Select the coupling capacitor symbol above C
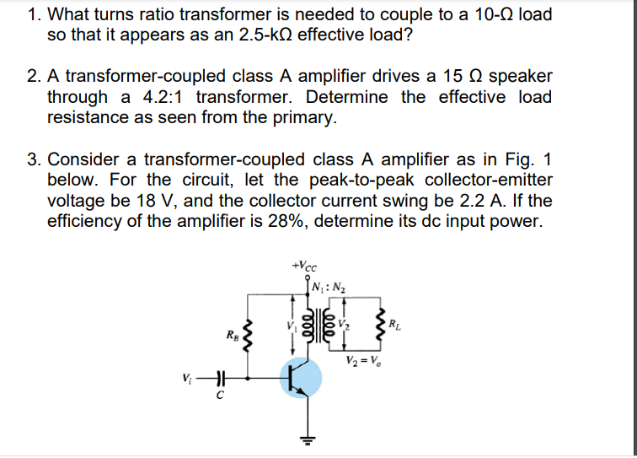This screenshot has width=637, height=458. coord(222,377)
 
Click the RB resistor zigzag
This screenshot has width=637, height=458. coord(248,336)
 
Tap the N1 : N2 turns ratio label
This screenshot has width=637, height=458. coord(328,283)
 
